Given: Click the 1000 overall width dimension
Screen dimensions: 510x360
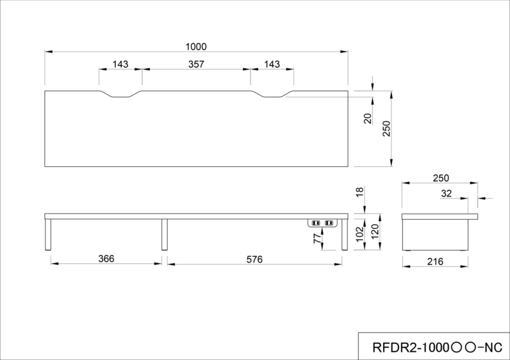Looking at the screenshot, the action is pos(196,47).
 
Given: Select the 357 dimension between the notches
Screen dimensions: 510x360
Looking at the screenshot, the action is pos(196,64).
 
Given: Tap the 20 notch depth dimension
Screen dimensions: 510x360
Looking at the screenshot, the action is pos(368,119).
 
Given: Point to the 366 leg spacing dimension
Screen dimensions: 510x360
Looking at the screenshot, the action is pos(106,259).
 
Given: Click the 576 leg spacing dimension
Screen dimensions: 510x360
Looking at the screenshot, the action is pos(254,259).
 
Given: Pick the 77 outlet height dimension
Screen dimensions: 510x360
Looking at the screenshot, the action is pos(317,238).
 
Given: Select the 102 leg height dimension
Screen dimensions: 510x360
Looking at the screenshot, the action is pos(360,234).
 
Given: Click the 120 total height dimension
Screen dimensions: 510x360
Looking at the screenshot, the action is pos(375,231).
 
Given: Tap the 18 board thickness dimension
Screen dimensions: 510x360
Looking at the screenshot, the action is pos(360,192).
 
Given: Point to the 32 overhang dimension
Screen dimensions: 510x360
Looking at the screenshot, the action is pos(446,194).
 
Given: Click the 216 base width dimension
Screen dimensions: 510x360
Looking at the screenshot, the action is pos(435,261).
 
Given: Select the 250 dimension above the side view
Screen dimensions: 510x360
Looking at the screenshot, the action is pos(441,178).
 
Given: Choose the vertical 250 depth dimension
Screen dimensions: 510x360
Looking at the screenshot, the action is pos(386,129).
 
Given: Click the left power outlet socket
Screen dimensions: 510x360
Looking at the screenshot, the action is pos(316,223).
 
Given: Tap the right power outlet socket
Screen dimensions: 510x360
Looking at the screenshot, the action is pos(329,223).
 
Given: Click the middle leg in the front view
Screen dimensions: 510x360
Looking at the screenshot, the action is pos(164,234).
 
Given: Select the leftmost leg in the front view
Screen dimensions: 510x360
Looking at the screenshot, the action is pos(48,234).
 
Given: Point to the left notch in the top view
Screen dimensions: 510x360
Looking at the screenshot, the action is pos(120,94).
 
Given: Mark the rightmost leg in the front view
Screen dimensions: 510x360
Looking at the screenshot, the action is pos(345,234).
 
